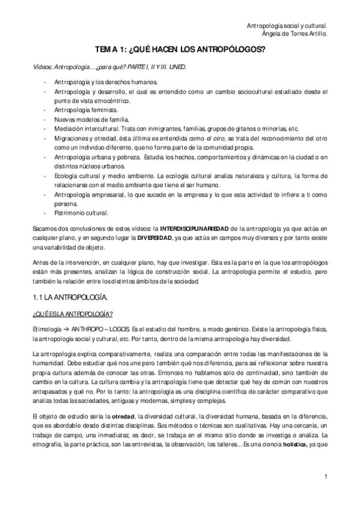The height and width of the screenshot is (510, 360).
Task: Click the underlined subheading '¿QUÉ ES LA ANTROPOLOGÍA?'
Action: point(72,315)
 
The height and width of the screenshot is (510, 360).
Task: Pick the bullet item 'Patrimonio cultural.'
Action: point(81,213)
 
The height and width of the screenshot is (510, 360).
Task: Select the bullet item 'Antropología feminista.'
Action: point(87,111)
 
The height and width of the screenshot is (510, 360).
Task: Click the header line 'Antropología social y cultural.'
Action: point(287,26)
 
